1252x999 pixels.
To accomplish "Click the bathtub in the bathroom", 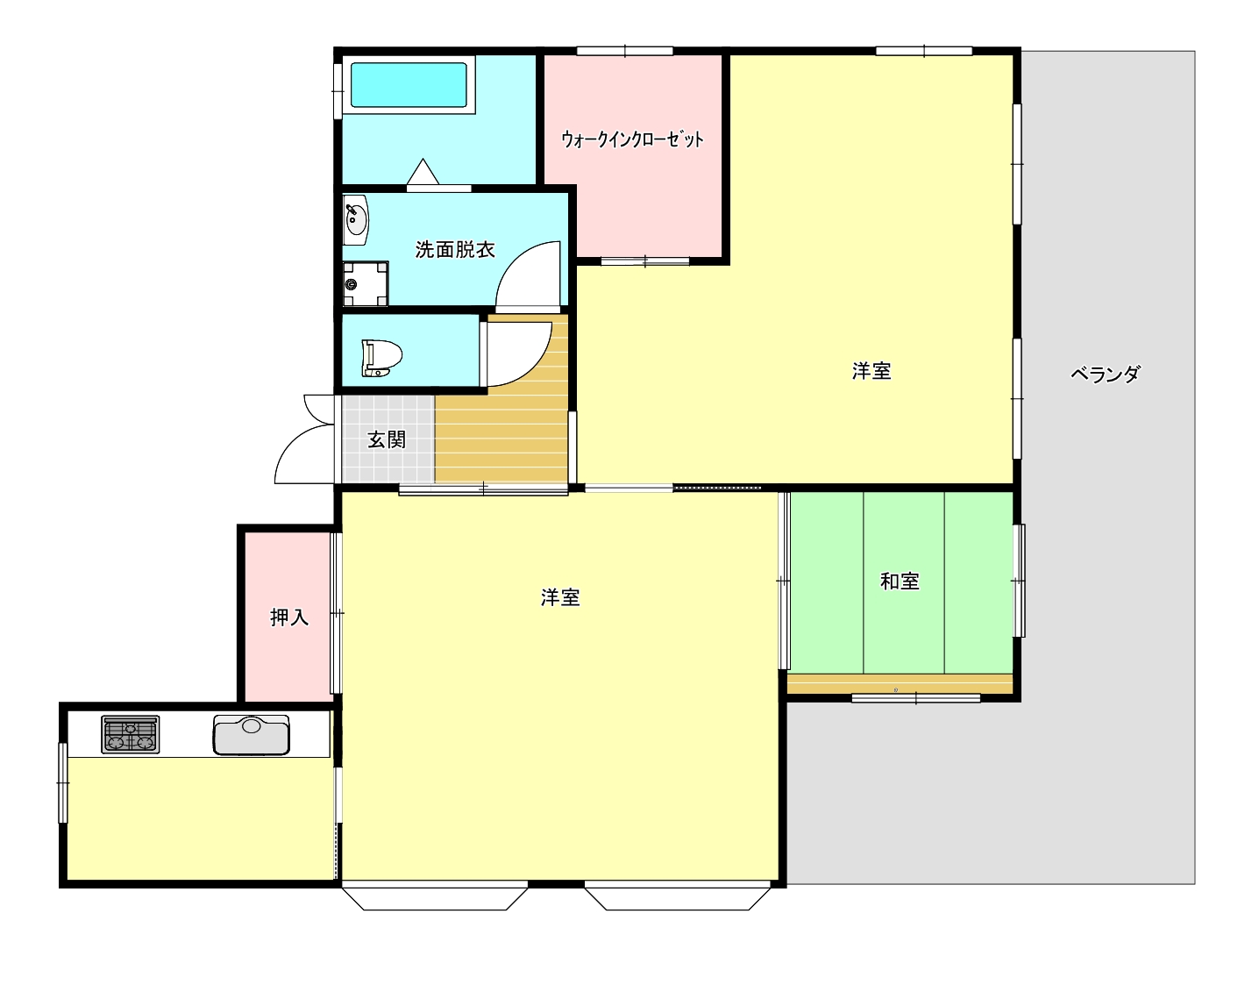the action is tap(409, 84).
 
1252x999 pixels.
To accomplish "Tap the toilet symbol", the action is tap(381, 358).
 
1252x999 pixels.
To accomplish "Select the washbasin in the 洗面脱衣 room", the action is tap(355, 219).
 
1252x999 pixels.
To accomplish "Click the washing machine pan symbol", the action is tap(366, 283).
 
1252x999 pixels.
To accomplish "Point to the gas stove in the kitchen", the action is tap(131, 735).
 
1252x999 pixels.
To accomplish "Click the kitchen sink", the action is tap(252, 735).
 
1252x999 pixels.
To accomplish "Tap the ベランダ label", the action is tap(1106, 374).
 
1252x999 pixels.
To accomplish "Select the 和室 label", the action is tap(900, 582).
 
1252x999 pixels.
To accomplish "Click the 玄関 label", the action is tap(387, 439).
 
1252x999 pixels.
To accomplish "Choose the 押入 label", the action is tap(289, 617).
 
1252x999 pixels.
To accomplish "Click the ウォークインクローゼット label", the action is tap(632, 139).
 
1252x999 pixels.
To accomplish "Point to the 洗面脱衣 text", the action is tap(454, 250).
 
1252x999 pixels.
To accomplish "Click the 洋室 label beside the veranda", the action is tap(871, 371).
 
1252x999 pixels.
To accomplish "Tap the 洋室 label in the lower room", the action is tap(560, 598).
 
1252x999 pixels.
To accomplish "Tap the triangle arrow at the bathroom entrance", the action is tap(423, 171).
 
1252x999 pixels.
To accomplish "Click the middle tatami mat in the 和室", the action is tap(904, 582).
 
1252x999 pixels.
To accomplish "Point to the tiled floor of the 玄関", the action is tap(388, 439).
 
